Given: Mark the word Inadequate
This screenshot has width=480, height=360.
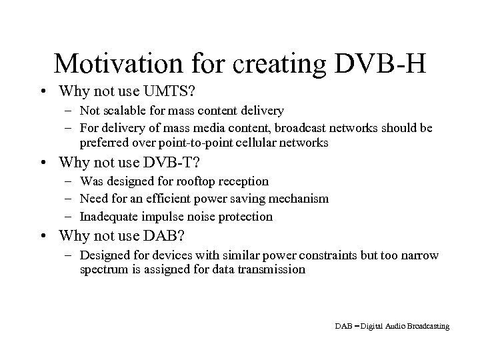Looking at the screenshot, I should coord(107,216).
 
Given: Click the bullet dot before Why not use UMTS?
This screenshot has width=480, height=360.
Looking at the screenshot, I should coord(43,91).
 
